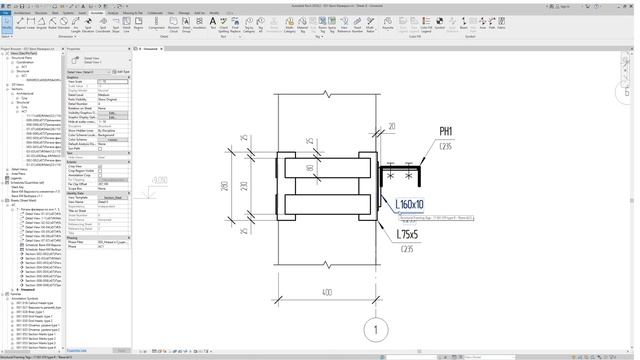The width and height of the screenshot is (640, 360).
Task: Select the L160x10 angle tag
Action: pos(411,206)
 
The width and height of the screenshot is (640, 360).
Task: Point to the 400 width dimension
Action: pos(328,291)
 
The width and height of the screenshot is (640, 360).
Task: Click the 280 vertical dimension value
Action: pos(227,187)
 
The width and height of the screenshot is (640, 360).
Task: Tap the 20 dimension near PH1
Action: pos(391,127)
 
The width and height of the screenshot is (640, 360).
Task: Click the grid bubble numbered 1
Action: pos(375,331)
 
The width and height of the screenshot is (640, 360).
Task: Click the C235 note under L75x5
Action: pos(406,249)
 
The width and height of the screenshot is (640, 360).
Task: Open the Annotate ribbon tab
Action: pos(96,12)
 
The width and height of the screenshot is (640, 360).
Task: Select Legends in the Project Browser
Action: pos(17,179)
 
